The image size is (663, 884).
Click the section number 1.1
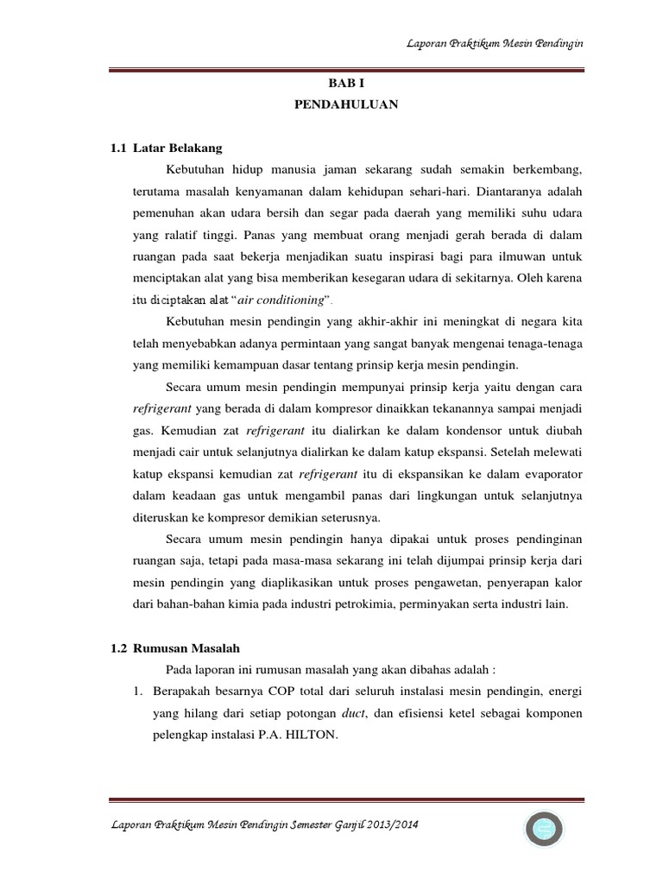[119, 148]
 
